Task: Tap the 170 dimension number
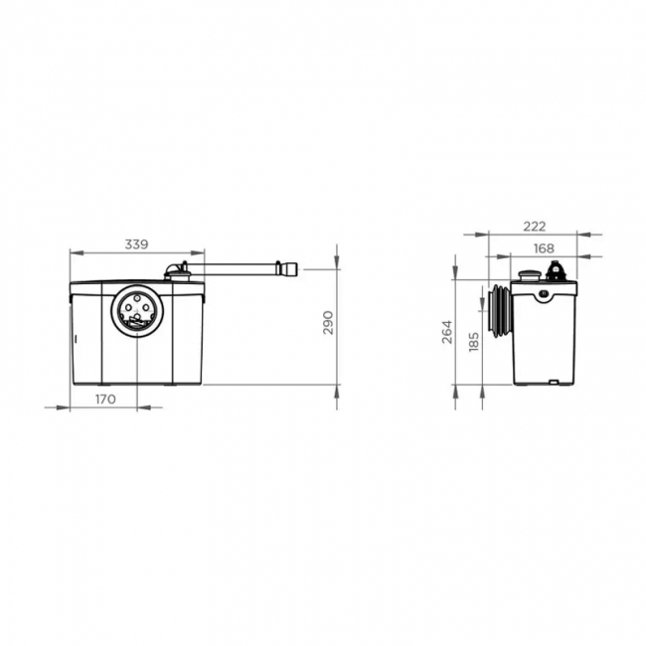click(x=106, y=399)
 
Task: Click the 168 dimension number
click(x=543, y=247)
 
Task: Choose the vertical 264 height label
click(x=447, y=332)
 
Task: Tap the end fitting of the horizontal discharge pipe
click(x=289, y=268)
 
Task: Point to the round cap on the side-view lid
click(x=527, y=274)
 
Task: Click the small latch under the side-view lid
click(x=544, y=294)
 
